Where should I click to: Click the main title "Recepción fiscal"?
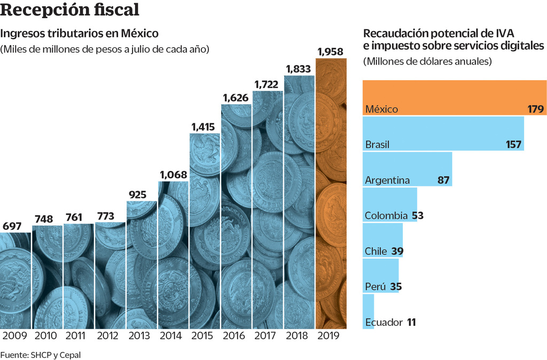71,10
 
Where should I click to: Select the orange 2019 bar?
331,192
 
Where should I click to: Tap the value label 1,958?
331,52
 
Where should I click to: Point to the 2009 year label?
15,336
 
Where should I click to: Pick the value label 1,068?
174,175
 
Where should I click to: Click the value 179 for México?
535,109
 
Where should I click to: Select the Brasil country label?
377,145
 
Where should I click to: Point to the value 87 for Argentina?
443,180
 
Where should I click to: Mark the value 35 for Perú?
395,287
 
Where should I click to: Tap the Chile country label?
376,251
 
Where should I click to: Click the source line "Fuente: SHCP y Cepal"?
41,354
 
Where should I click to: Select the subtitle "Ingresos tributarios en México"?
80,33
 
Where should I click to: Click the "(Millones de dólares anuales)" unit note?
427,61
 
